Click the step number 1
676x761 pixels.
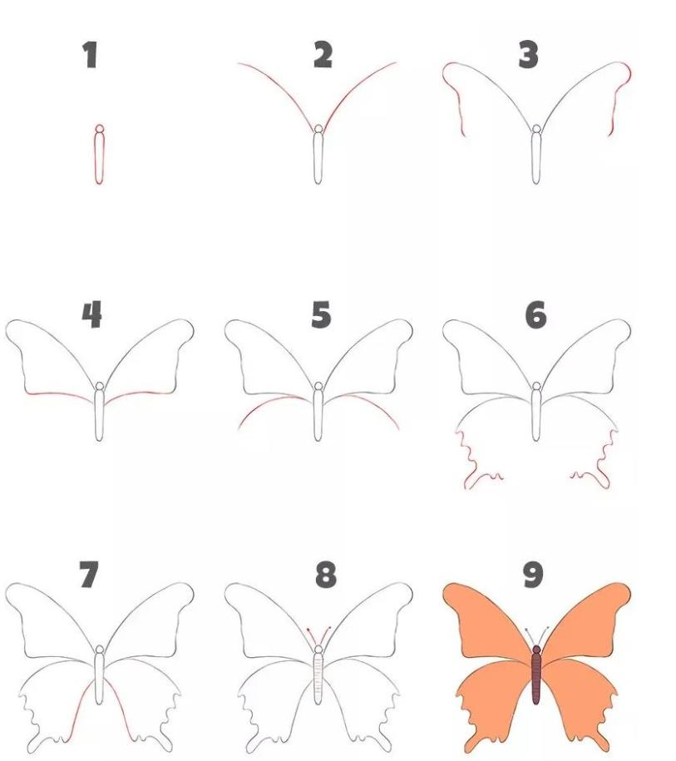click(x=91, y=56)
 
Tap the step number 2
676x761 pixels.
click(x=323, y=55)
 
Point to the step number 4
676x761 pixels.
click(x=91, y=315)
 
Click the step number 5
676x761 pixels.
click(x=321, y=315)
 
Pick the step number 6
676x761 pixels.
click(x=536, y=315)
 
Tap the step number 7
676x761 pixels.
click(x=88, y=575)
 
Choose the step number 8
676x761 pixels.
click(x=326, y=575)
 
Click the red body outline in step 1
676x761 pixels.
click(x=99, y=158)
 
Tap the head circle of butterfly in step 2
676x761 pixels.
click(x=318, y=129)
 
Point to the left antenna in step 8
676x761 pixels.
click(x=312, y=636)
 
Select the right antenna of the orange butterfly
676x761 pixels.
click(x=545, y=635)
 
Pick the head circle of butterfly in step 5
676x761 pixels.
click(x=318, y=388)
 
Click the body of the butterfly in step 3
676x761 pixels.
click(x=536, y=158)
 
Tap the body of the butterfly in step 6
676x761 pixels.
click(x=536, y=416)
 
